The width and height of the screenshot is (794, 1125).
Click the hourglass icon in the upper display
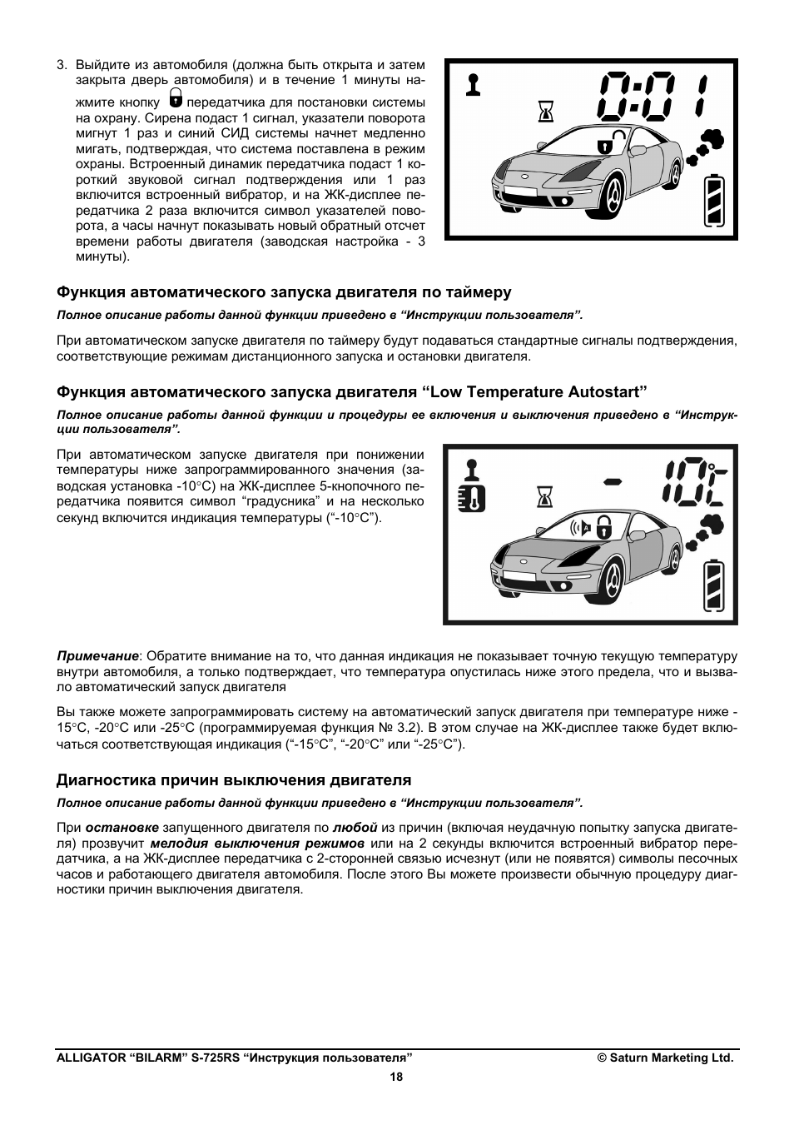click(546, 111)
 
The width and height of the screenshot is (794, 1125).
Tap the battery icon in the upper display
click(714, 201)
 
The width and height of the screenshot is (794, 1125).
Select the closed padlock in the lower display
click(604, 526)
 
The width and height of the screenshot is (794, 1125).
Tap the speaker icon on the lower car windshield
click(579, 526)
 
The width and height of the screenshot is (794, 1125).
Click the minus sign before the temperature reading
click(614, 480)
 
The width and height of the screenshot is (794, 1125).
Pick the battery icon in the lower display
click(714, 588)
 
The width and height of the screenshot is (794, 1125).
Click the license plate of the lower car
click(517, 575)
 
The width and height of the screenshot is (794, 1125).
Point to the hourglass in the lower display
click(545, 497)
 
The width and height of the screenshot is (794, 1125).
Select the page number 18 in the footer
click(396, 1077)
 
